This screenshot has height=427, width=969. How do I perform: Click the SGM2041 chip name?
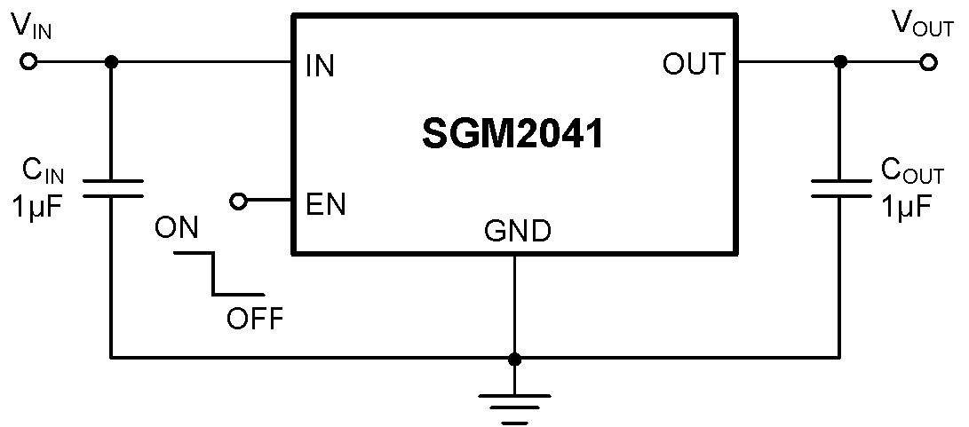click(513, 136)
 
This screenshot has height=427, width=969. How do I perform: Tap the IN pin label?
click(319, 66)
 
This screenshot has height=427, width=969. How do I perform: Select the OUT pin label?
click(693, 65)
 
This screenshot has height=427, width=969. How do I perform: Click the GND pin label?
click(517, 233)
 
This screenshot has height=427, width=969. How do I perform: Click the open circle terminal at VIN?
click(28, 63)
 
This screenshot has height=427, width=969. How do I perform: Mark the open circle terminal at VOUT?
click(929, 63)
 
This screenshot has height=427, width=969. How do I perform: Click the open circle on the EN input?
click(238, 202)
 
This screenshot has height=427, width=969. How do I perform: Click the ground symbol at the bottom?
click(514, 404)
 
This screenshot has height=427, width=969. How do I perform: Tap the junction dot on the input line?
click(111, 63)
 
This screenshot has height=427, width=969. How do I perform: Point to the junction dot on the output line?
click(840, 63)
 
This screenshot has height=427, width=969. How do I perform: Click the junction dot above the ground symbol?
click(514, 358)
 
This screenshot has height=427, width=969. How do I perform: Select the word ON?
click(176, 229)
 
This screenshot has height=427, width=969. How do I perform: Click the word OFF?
click(255, 318)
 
